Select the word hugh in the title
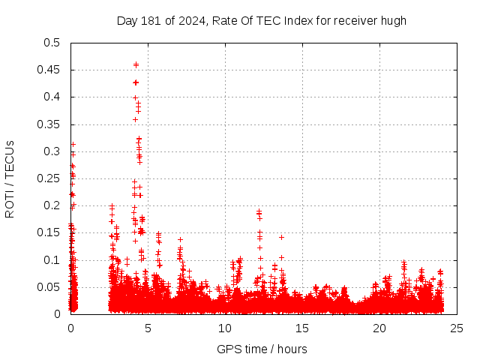393,20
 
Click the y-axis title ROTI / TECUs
10,178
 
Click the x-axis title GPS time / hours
262,349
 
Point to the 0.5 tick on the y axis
52,43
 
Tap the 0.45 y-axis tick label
49,70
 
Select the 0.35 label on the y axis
49,124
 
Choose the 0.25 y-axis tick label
49,178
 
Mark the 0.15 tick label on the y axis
49,232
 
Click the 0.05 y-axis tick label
49,287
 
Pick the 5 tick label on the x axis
148,328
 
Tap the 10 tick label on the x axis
225,328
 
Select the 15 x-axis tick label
302,328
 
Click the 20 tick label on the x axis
379,328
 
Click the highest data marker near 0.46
136,64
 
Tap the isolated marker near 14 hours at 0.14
281,237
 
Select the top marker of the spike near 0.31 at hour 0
73,144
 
